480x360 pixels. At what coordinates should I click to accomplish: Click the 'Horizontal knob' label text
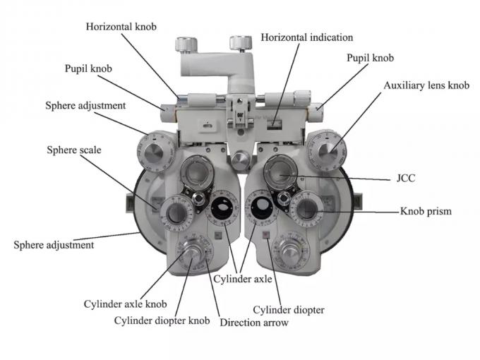click(x=121, y=26)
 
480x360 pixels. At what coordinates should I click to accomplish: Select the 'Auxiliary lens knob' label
click(x=426, y=85)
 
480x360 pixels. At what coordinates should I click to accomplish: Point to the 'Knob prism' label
click(x=425, y=210)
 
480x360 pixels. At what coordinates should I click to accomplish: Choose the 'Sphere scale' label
click(x=76, y=150)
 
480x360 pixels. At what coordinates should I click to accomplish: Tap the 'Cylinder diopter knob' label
click(x=162, y=320)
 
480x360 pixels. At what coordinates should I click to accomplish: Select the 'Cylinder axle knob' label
click(x=126, y=304)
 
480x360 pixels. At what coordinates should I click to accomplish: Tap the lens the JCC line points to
click(x=282, y=173)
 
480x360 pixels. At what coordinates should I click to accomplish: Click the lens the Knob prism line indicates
click(x=306, y=209)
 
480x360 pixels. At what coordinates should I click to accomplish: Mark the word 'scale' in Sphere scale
click(x=91, y=150)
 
